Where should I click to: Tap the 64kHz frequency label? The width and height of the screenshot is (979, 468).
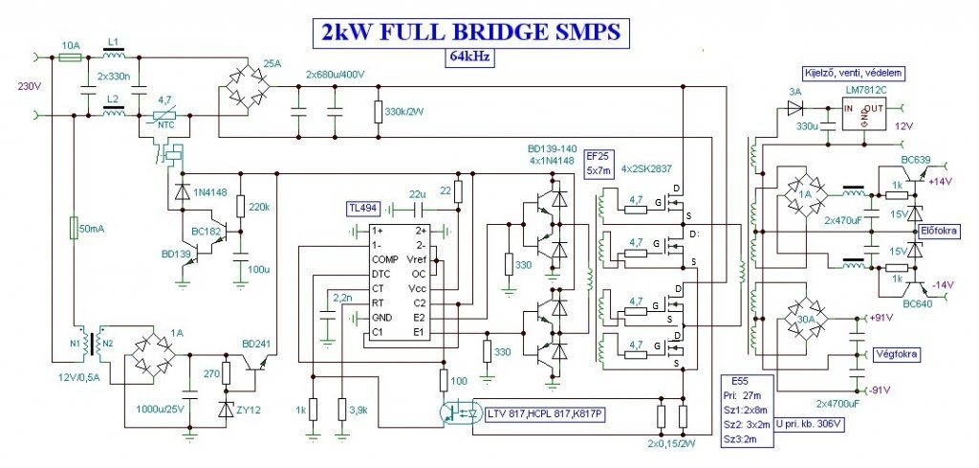(x=466, y=56)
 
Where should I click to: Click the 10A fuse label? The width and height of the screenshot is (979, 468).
(x=70, y=44)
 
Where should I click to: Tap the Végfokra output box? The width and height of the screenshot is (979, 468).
(x=895, y=353)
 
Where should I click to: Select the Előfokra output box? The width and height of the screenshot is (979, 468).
(x=942, y=231)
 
